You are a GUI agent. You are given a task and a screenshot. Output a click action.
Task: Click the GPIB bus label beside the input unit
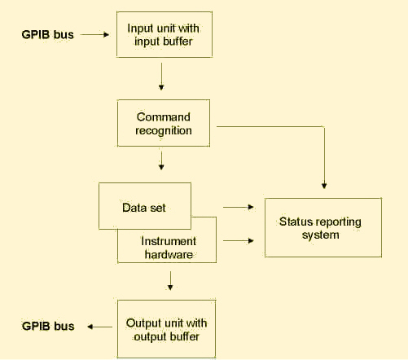47,35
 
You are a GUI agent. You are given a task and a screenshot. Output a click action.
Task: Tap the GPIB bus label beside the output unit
48,326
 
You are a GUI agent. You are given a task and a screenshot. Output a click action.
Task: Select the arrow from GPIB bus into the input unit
94,35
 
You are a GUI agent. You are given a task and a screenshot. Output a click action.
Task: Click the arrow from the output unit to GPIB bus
99,327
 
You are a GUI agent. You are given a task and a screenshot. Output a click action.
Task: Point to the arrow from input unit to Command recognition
161,77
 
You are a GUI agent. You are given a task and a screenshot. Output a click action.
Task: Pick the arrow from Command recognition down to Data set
161,160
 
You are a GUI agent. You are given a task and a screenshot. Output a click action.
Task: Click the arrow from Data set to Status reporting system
239,207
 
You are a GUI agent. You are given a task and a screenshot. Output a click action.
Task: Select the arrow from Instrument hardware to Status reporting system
239,240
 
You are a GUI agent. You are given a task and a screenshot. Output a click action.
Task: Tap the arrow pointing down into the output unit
170,281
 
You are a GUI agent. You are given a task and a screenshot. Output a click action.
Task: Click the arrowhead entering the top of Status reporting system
324,186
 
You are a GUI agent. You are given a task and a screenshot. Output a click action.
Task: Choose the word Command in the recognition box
164,117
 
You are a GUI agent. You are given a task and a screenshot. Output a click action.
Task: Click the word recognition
164,130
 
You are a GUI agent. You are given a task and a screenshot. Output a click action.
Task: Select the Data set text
144,208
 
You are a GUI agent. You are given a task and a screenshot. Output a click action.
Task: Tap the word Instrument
169,241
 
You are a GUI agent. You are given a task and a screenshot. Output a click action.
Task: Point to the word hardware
169,254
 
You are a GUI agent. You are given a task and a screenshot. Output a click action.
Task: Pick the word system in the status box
321,235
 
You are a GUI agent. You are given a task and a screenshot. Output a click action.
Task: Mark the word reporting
336,222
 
